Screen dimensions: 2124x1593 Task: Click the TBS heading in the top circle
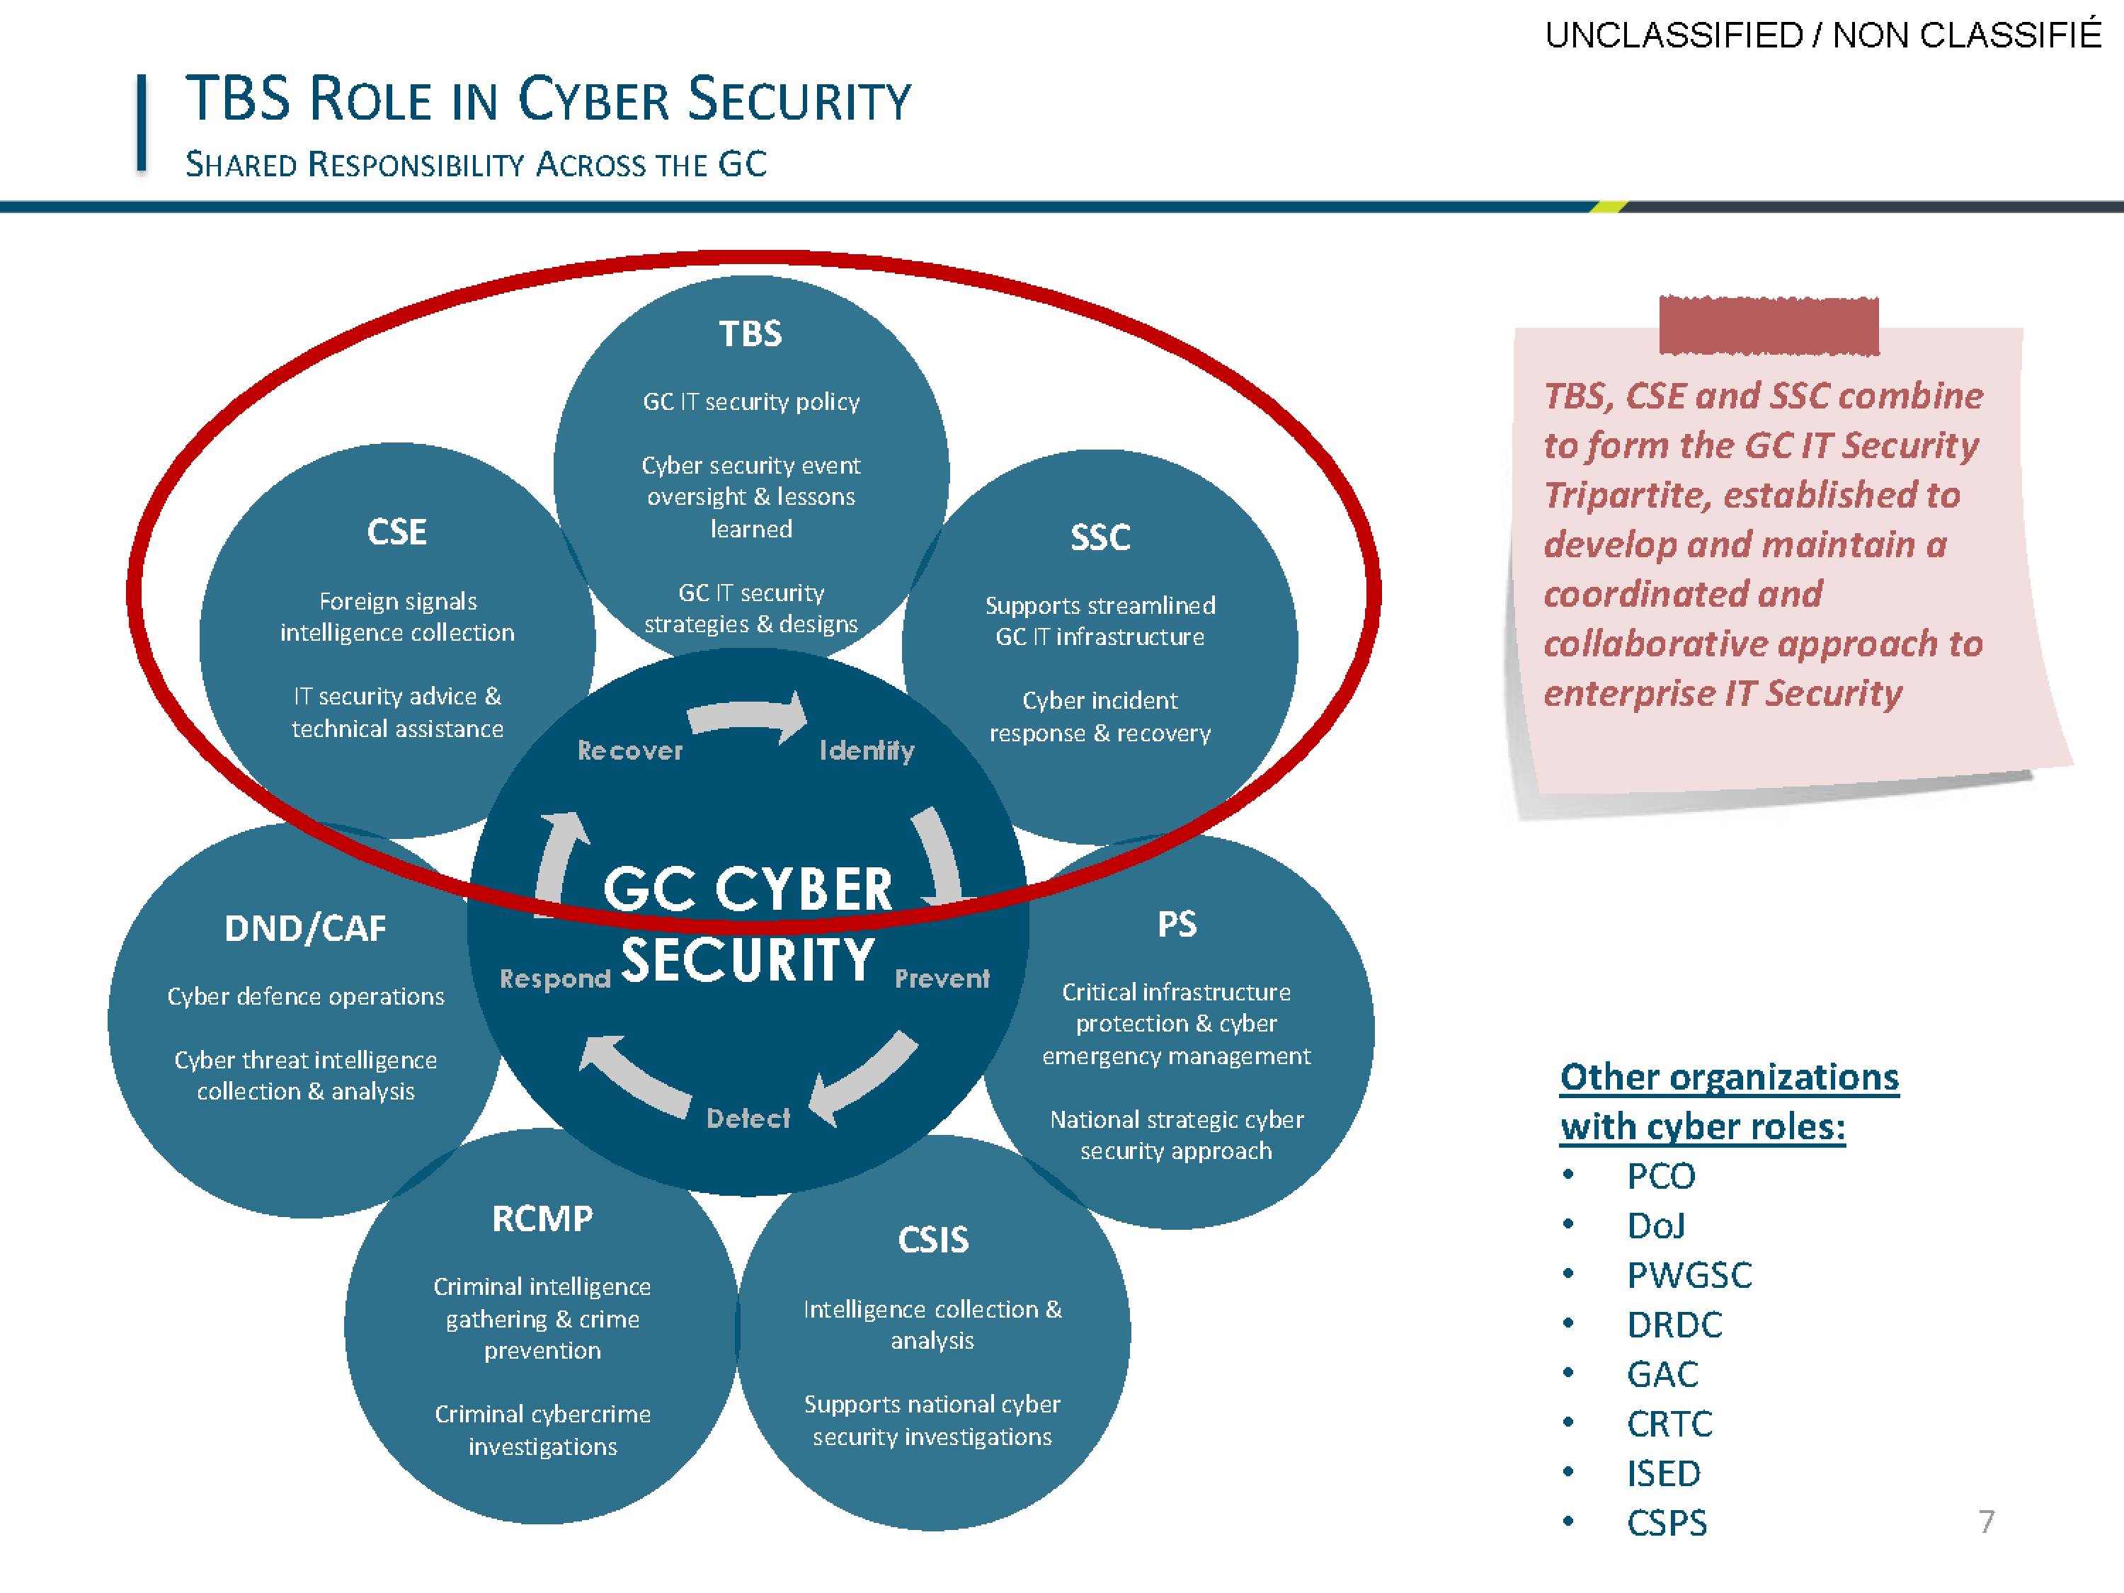[751, 333]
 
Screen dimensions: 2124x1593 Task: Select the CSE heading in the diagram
[396, 531]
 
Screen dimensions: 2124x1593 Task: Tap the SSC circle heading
[1100, 537]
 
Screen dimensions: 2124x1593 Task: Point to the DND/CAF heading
[305, 927]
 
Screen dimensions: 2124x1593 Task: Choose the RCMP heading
[542, 1218]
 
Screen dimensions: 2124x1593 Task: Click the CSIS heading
[933, 1240]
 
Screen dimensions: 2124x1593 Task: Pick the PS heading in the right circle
[1177, 924]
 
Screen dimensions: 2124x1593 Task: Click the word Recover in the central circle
[630, 751]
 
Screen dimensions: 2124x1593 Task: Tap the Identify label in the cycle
[867, 751]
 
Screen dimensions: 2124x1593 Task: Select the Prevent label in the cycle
[942, 978]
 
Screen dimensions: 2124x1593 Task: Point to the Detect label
[748, 1118]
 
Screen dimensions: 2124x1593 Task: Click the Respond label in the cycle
[555, 979]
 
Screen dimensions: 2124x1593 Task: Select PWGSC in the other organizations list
[1689, 1275]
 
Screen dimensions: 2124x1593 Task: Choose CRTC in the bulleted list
[1669, 1424]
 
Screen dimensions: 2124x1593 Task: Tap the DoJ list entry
[1657, 1226]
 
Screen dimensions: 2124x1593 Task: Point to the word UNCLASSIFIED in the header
[1674, 35]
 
